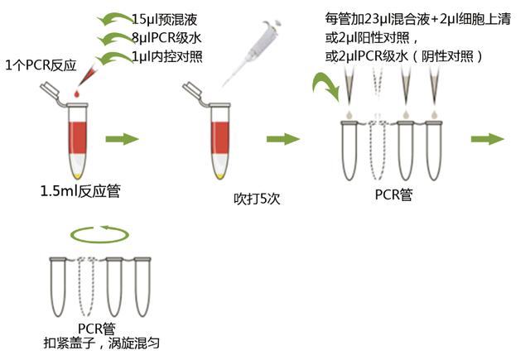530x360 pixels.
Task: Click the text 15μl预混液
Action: [167, 19]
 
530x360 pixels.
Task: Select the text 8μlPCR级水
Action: [170, 38]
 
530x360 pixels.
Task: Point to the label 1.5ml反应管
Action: [80, 192]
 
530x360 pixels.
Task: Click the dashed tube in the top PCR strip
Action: [378, 153]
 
